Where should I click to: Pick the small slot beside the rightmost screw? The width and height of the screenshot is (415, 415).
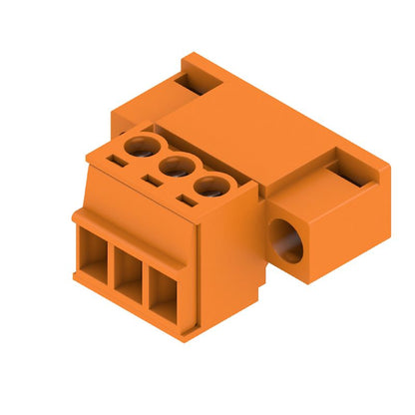(x=187, y=200)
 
